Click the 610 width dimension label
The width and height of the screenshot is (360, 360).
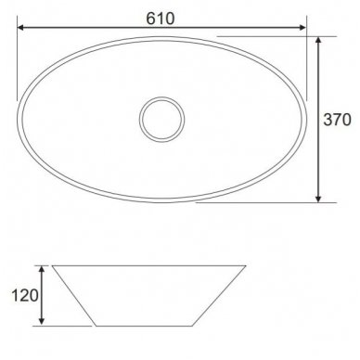tap(161, 19)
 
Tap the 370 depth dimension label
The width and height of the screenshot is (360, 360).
tap(337, 120)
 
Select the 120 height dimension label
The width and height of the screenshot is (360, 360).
tap(25, 295)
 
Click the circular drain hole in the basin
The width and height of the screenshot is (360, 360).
tap(161, 120)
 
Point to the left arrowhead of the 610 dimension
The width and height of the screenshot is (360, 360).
tap(21, 28)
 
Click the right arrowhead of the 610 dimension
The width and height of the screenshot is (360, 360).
tap(302, 28)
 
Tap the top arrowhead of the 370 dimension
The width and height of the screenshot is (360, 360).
tap(319, 41)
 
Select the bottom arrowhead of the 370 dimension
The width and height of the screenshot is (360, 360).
tap(319, 199)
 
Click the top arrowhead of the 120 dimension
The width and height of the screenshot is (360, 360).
tap(43, 269)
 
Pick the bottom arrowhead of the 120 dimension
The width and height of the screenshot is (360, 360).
tap(43, 321)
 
